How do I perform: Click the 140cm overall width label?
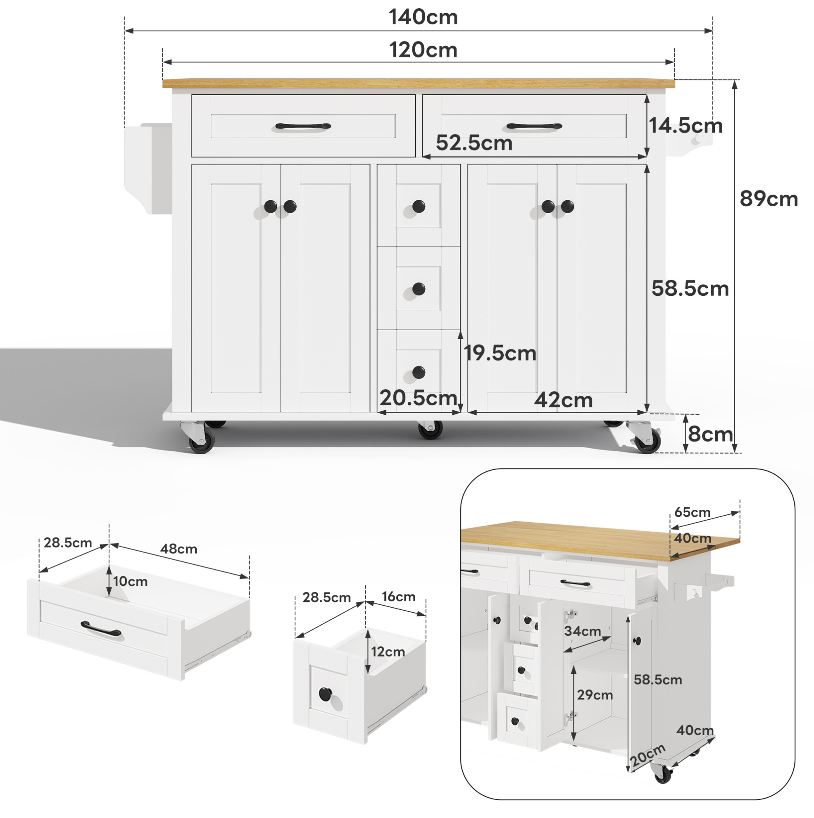[x=423, y=17]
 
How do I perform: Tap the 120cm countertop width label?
[x=423, y=50]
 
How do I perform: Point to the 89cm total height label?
[x=769, y=199]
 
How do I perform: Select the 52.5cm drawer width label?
[x=474, y=143]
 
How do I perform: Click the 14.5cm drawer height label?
[x=685, y=126]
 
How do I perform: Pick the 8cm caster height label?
[x=710, y=434]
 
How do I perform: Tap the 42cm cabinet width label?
[x=563, y=400]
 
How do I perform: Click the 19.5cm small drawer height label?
[x=500, y=353]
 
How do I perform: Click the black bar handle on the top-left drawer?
[x=303, y=126]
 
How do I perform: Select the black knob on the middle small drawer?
[x=419, y=289]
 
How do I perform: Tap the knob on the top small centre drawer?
[x=419, y=207]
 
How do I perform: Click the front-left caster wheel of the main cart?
[x=201, y=444]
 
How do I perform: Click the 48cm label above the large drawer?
[x=179, y=549]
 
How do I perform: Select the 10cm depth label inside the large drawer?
[x=130, y=581]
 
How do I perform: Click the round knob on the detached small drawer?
[x=325, y=694]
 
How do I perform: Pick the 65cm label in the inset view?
[x=692, y=512]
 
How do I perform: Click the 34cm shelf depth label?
[x=582, y=631]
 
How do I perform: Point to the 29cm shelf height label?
[x=595, y=695]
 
